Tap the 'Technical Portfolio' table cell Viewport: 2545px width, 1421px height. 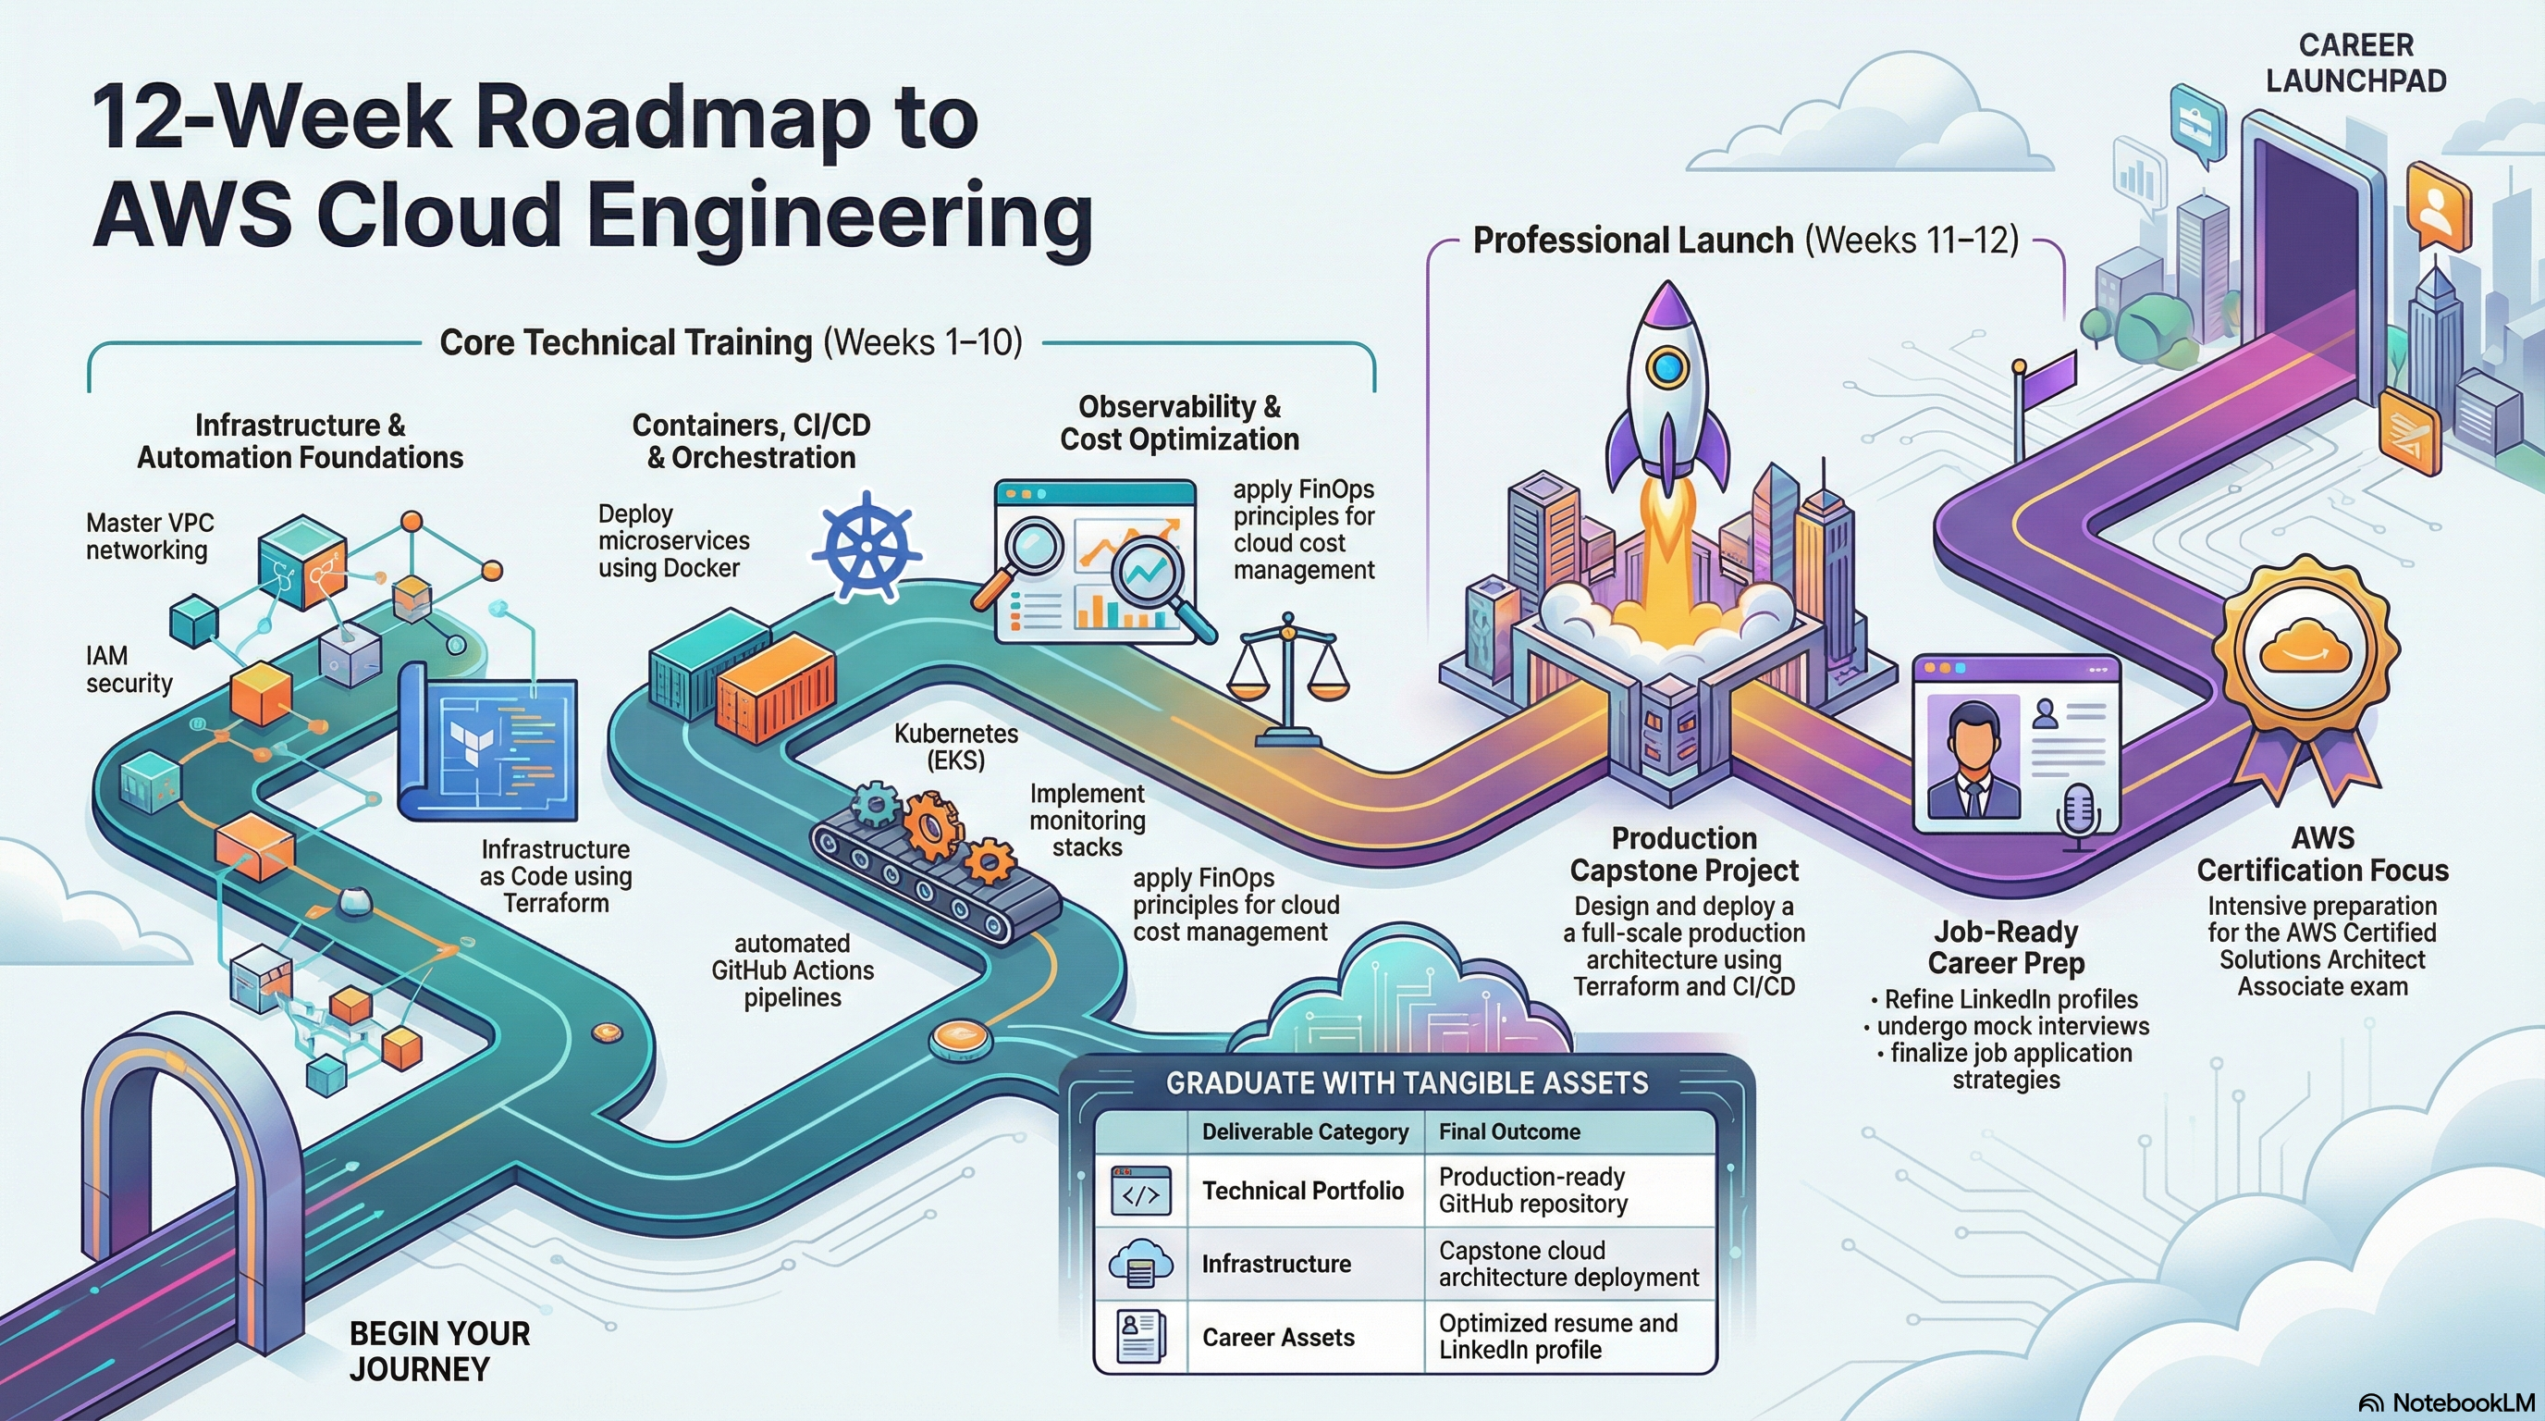tap(1302, 1191)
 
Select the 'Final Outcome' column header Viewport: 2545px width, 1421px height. tap(1508, 1131)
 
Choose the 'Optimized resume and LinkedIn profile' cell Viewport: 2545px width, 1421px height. tap(1558, 1337)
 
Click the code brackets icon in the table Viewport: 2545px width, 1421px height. tap(1141, 1192)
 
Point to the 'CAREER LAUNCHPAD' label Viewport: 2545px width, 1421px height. tap(2355, 62)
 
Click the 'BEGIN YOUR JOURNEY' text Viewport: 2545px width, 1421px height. tap(439, 1351)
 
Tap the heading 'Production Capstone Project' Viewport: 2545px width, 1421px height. tap(1683, 854)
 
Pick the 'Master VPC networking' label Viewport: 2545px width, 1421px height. tap(149, 537)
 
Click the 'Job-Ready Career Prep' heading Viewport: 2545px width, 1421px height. tap(2006, 946)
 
